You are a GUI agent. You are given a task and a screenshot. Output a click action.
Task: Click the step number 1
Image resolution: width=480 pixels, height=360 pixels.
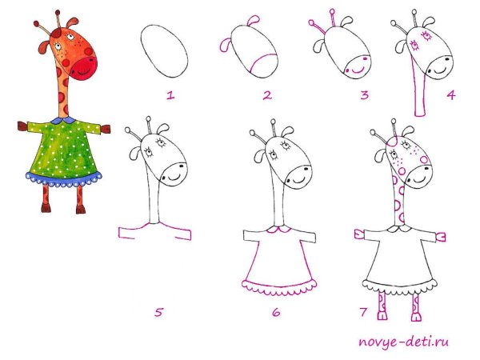tap(170, 95)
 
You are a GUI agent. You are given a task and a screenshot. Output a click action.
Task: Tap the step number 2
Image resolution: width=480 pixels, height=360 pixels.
tap(267, 95)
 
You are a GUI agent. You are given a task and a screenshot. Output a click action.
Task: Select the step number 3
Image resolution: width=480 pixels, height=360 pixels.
tap(364, 95)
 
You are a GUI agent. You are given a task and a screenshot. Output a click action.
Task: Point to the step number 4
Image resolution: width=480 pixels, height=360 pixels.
tap(450, 95)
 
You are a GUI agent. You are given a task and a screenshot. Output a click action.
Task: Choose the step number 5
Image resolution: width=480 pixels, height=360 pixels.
tap(158, 312)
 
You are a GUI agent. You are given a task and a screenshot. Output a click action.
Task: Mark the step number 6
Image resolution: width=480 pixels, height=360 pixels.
tap(276, 312)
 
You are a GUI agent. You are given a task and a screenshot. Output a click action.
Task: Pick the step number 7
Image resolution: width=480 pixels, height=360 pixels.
tap(363, 312)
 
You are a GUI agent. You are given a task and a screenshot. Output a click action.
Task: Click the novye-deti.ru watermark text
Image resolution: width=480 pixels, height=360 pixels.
tap(403, 342)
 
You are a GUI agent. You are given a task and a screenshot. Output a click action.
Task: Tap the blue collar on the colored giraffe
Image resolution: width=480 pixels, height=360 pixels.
tap(63, 120)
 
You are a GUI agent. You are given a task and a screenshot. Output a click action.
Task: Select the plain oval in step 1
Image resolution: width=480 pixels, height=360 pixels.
tap(164, 51)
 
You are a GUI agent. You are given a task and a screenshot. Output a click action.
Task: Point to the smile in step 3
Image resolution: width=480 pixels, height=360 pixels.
tap(358, 70)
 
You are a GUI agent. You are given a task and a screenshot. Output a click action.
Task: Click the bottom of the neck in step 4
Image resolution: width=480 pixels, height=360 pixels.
tap(420, 114)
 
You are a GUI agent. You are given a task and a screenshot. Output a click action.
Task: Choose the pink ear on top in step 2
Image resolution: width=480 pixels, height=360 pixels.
tap(254, 21)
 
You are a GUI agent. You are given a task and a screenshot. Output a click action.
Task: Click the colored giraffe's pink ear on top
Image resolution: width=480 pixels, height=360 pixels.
tap(73, 23)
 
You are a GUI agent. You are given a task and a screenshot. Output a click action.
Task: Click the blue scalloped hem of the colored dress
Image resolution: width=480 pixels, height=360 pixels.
tap(64, 180)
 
